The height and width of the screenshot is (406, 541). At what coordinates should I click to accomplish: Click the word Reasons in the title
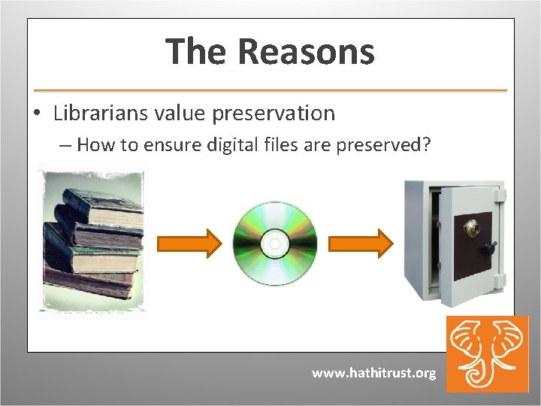(x=306, y=53)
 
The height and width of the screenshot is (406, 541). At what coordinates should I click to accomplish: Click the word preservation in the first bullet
(x=274, y=114)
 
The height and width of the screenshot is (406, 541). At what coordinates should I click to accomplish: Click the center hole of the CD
(x=275, y=244)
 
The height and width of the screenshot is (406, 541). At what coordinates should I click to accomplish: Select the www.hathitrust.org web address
(x=373, y=373)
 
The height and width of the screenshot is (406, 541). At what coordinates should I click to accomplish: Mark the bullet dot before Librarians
(x=36, y=114)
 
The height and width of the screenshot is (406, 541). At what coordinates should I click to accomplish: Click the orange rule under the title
(x=270, y=90)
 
